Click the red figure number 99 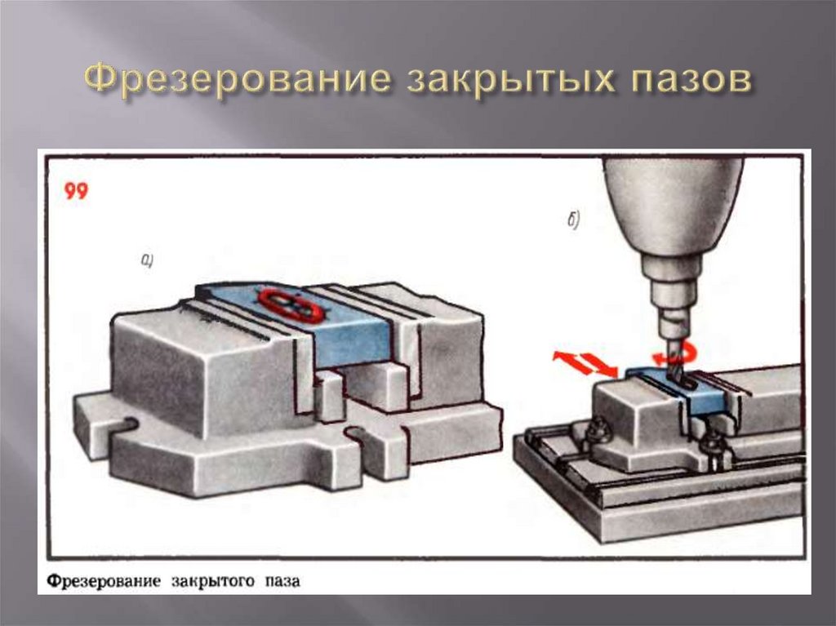pos(76,193)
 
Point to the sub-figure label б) pos(572,221)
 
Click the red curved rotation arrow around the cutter pos(683,353)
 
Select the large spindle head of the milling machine pos(672,212)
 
